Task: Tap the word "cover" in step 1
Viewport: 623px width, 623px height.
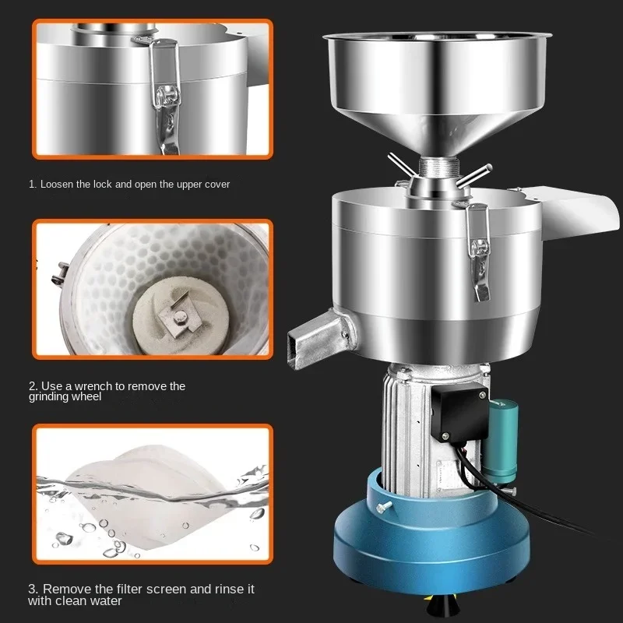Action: pyautogui.click(x=215, y=185)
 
